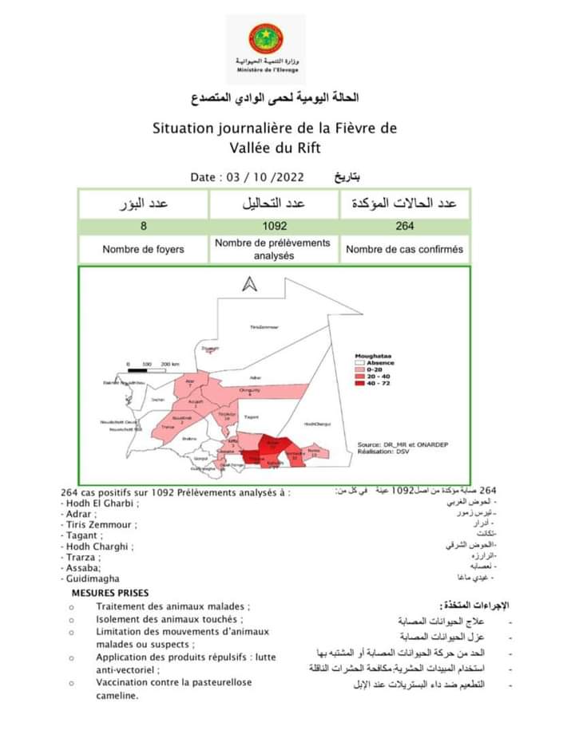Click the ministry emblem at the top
click(266, 39)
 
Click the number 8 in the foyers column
click(143, 226)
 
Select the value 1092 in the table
click(275, 226)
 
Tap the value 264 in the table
click(404, 226)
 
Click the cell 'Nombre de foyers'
click(143, 249)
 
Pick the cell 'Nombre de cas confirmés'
click(404, 249)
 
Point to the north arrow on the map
click(249, 285)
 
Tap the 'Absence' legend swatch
click(361, 363)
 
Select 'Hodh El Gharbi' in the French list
click(99, 503)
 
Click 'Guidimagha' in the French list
click(92, 578)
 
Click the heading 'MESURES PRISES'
click(109, 594)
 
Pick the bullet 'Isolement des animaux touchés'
click(168, 619)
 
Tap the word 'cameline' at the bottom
click(116, 696)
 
